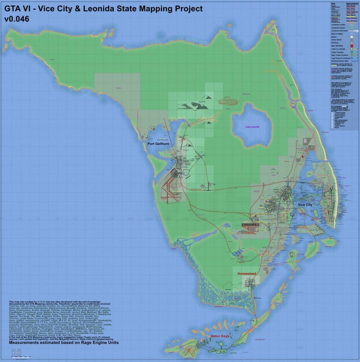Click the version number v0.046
17,19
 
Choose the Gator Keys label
222,336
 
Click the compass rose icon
16,352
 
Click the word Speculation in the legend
352,3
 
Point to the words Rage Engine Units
99,343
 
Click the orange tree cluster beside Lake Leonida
228,101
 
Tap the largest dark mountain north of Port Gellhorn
193,105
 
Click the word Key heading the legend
333,3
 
